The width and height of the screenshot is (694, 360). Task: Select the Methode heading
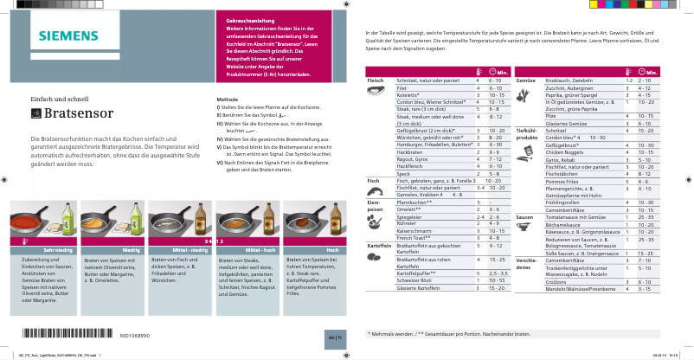(x=228, y=100)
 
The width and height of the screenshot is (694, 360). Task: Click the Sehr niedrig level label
(x=45, y=250)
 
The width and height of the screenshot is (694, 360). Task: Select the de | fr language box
(x=335, y=335)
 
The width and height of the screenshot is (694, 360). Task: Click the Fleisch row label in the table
(x=376, y=80)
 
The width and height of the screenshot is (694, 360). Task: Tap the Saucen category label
(x=524, y=216)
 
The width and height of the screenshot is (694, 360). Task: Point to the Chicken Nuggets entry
(x=563, y=151)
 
